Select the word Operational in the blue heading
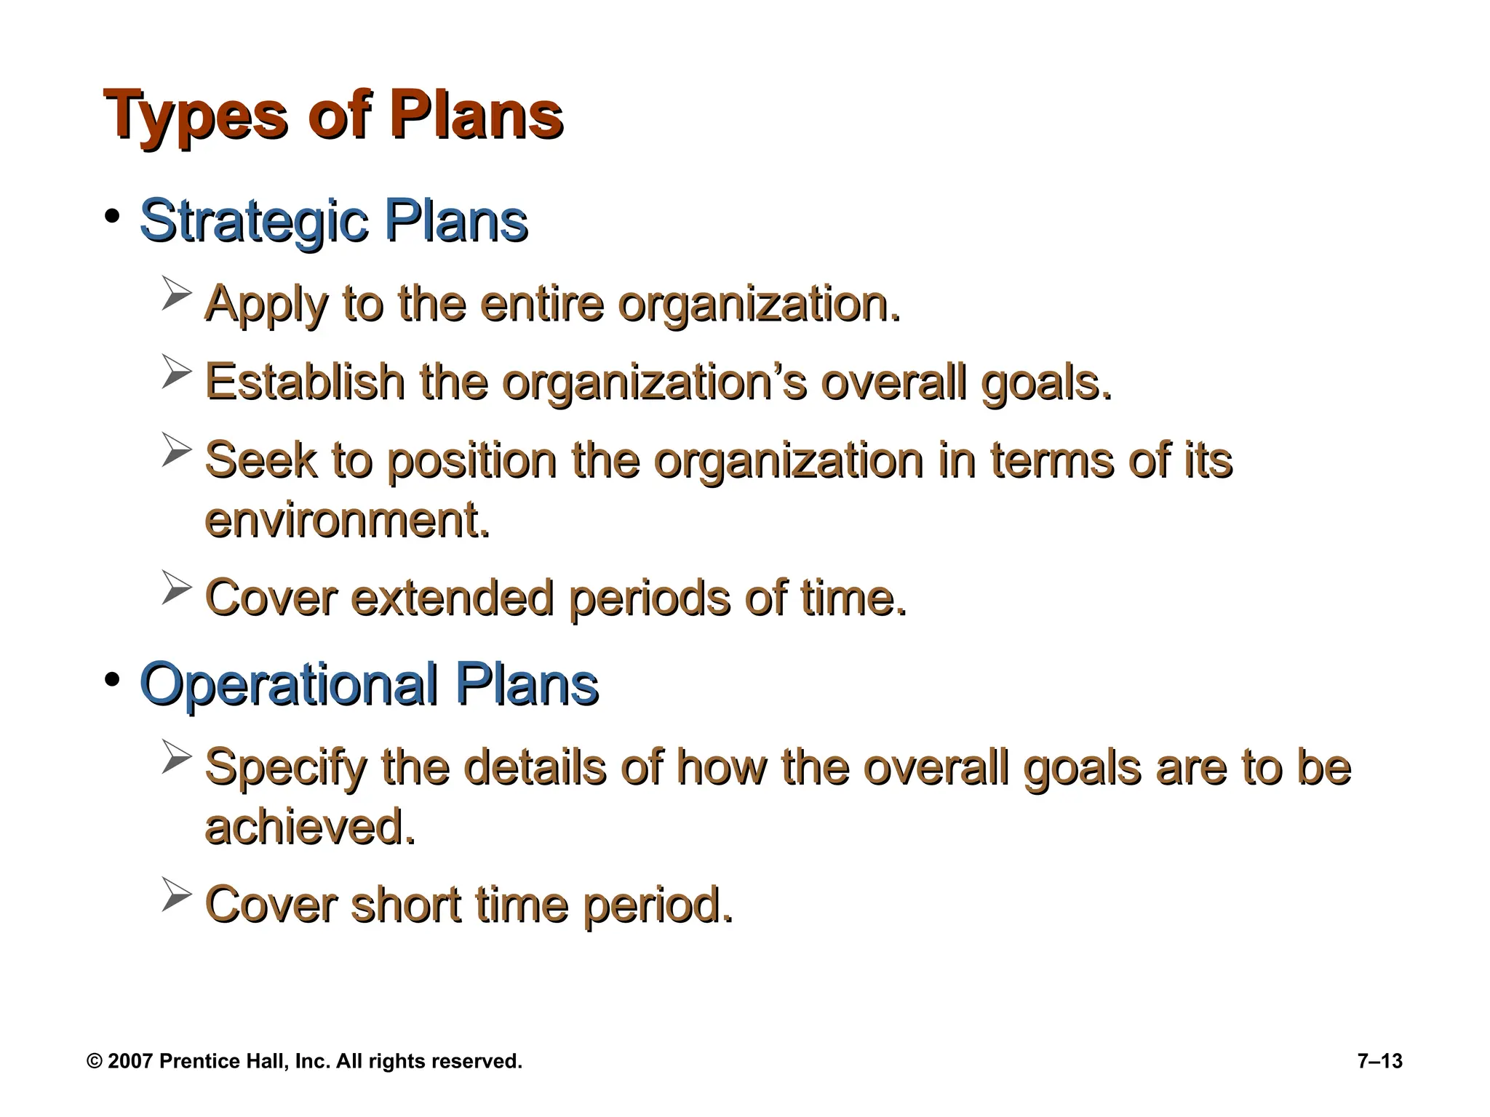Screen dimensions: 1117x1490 coord(288,684)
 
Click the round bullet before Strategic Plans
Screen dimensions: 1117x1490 coord(111,217)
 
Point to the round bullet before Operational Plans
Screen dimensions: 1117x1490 coord(111,680)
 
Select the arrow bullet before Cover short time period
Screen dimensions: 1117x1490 coord(176,895)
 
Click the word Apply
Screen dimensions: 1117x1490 coord(266,304)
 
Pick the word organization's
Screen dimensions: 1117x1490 coord(653,383)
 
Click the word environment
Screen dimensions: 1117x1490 coord(346,520)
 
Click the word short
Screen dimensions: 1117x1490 coord(405,905)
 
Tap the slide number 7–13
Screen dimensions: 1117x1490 coord(1379,1061)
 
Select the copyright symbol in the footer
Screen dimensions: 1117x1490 coord(94,1061)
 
